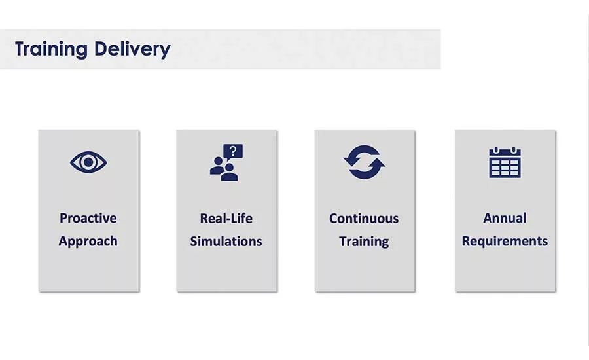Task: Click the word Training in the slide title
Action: (x=51, y=49)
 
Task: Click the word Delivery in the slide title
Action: (x=132, y=49)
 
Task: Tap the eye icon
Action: (x=88, y=162)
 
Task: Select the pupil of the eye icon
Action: (x=88, y=162)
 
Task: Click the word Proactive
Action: (x=88, y=218)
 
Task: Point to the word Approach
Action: (x=88, y=242)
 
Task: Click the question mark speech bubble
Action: (x=233, y=152)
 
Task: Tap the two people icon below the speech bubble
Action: (x=224, y=170)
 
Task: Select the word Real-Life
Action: (x=226, y=219)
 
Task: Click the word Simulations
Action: (x=226, y=242)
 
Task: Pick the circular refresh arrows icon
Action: (x=364, y=162)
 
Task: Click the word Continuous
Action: (x=364, y=219)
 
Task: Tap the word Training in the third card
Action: (x=364, y=242)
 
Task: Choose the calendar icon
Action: (x=505, y=162)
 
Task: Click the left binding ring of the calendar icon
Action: (x=496, y=151)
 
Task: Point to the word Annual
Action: (x=505, y=218)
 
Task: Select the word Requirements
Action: (x=505, y=242)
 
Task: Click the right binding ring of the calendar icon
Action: (x=514, y=151)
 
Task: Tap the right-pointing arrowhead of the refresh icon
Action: (x=377, y=164)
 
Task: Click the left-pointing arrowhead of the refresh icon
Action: (x=351, y=160)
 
